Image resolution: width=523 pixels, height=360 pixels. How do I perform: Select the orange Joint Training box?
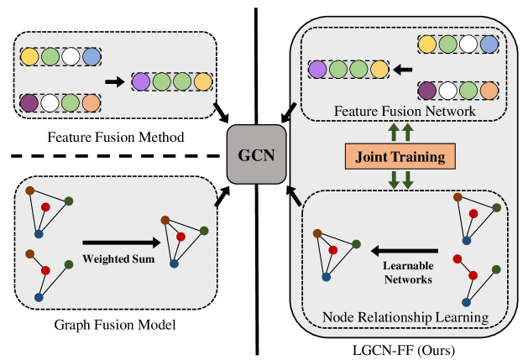tap(400, 156)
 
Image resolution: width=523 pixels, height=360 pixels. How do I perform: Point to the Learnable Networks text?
tap(408, 274)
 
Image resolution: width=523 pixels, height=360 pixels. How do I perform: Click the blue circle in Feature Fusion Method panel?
tap(90, 58)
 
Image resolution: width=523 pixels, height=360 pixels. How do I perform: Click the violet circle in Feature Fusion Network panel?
tap(316, 69)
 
